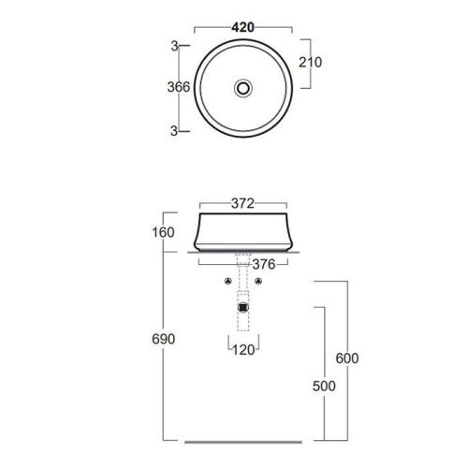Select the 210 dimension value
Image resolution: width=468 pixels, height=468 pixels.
pyautogui.click(x=310, y=63)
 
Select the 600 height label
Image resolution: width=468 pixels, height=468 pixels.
pyautogui.click(x=348, y=358)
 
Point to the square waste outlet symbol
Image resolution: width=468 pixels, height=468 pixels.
pyautogui.click(x=243, y=305)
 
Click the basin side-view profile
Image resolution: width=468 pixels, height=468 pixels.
pyautogui.click(x=201, y=234)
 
